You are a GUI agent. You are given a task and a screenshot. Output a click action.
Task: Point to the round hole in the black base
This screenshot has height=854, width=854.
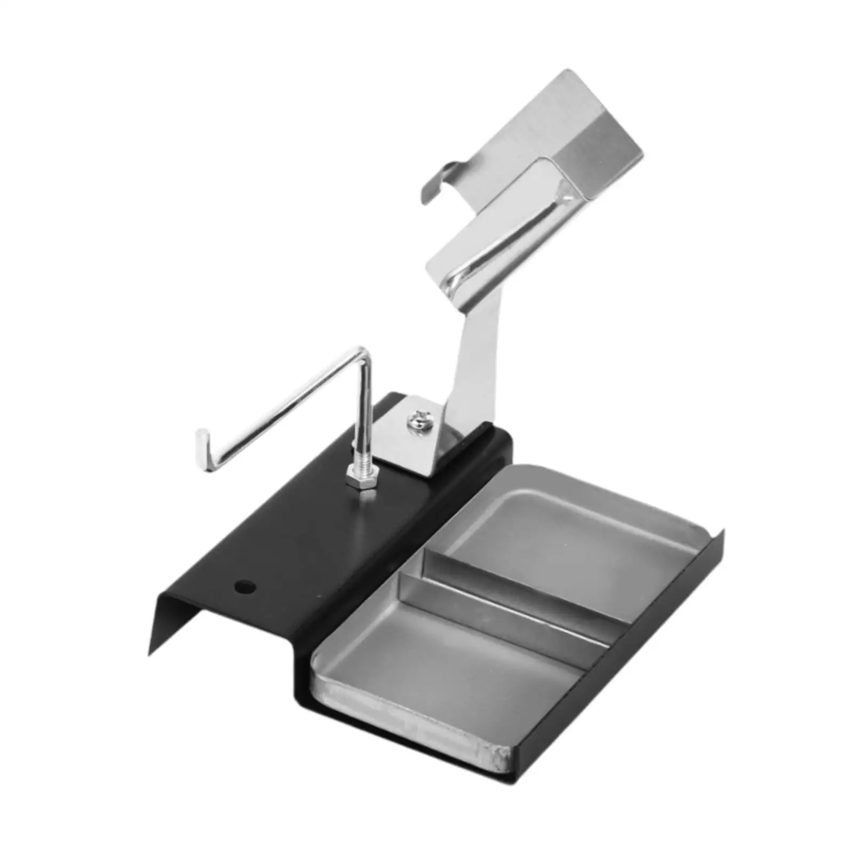point(245,588)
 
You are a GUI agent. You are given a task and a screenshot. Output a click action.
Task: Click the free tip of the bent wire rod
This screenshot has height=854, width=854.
point(202,435)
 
